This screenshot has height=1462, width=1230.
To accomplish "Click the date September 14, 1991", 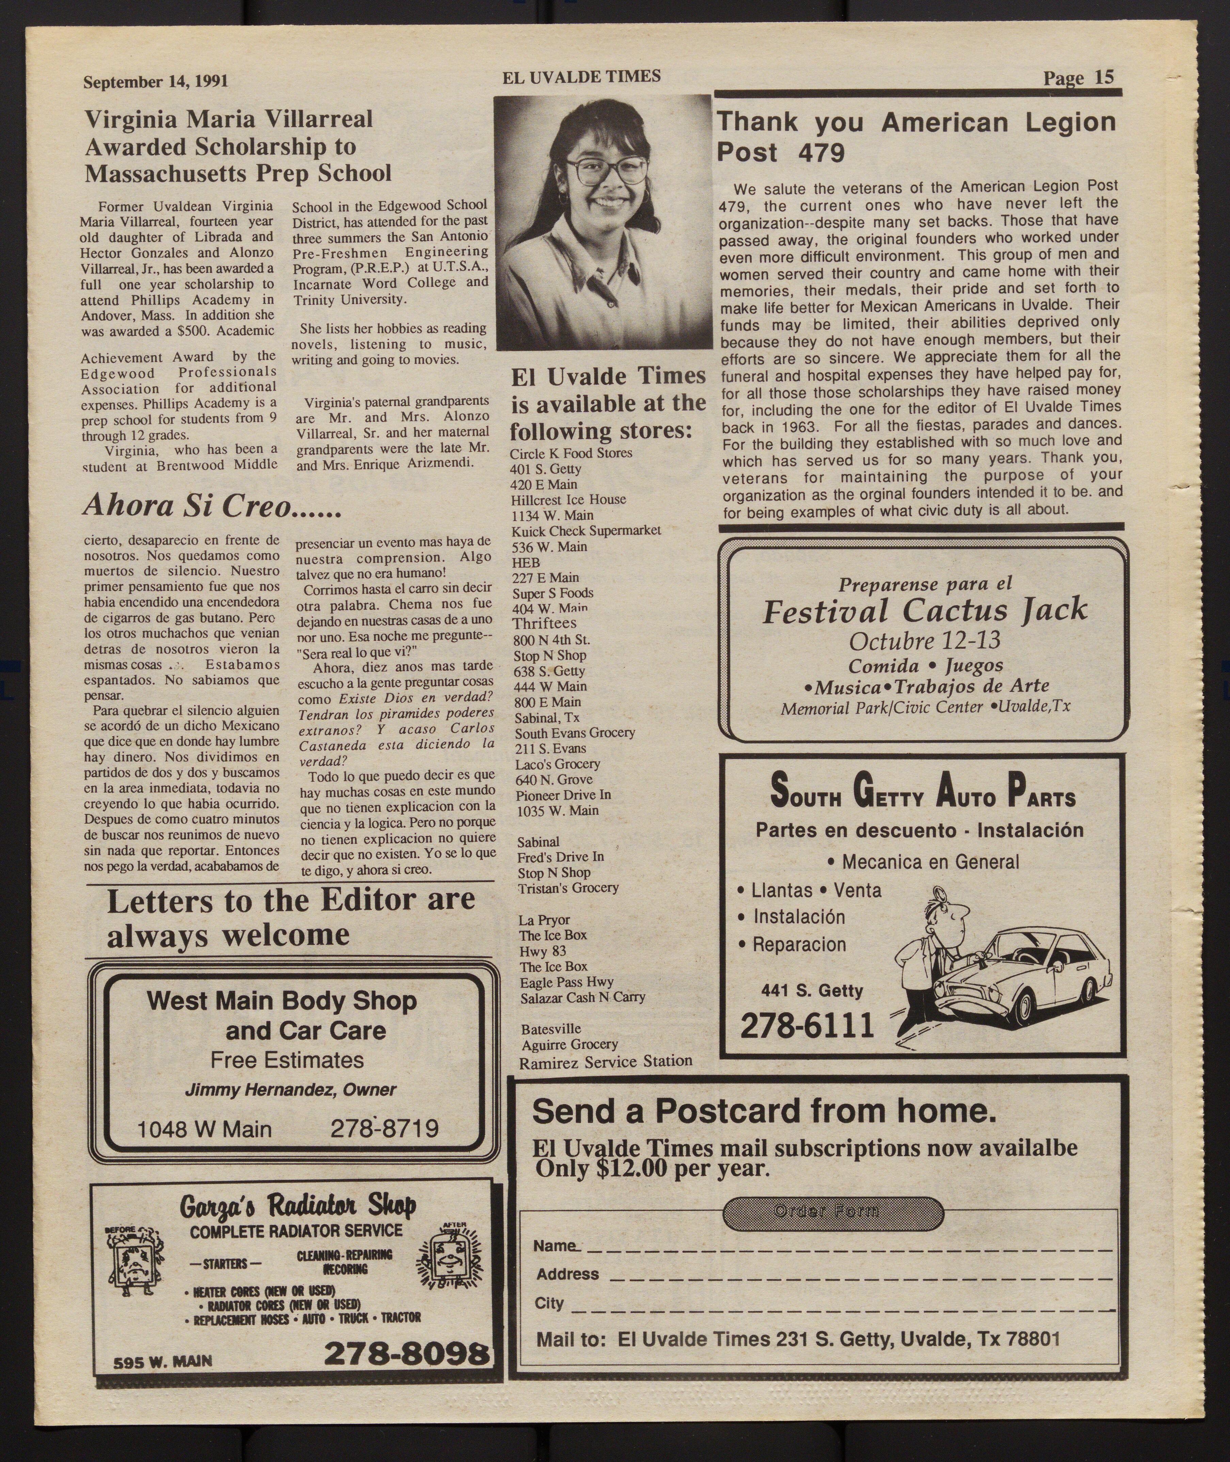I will tap(156, 82).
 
